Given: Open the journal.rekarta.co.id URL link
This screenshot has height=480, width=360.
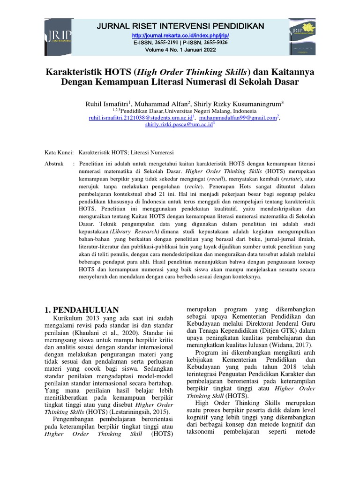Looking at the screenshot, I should [180, 36].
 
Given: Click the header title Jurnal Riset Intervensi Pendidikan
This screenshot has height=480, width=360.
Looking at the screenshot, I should [180, 25].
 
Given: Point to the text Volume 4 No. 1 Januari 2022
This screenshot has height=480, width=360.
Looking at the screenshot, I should [180, 50].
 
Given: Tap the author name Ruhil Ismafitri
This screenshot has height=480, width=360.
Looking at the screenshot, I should [102, 103].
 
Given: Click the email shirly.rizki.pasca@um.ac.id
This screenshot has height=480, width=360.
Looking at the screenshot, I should [179, 124].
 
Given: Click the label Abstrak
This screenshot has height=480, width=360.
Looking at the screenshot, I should [53, 164].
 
